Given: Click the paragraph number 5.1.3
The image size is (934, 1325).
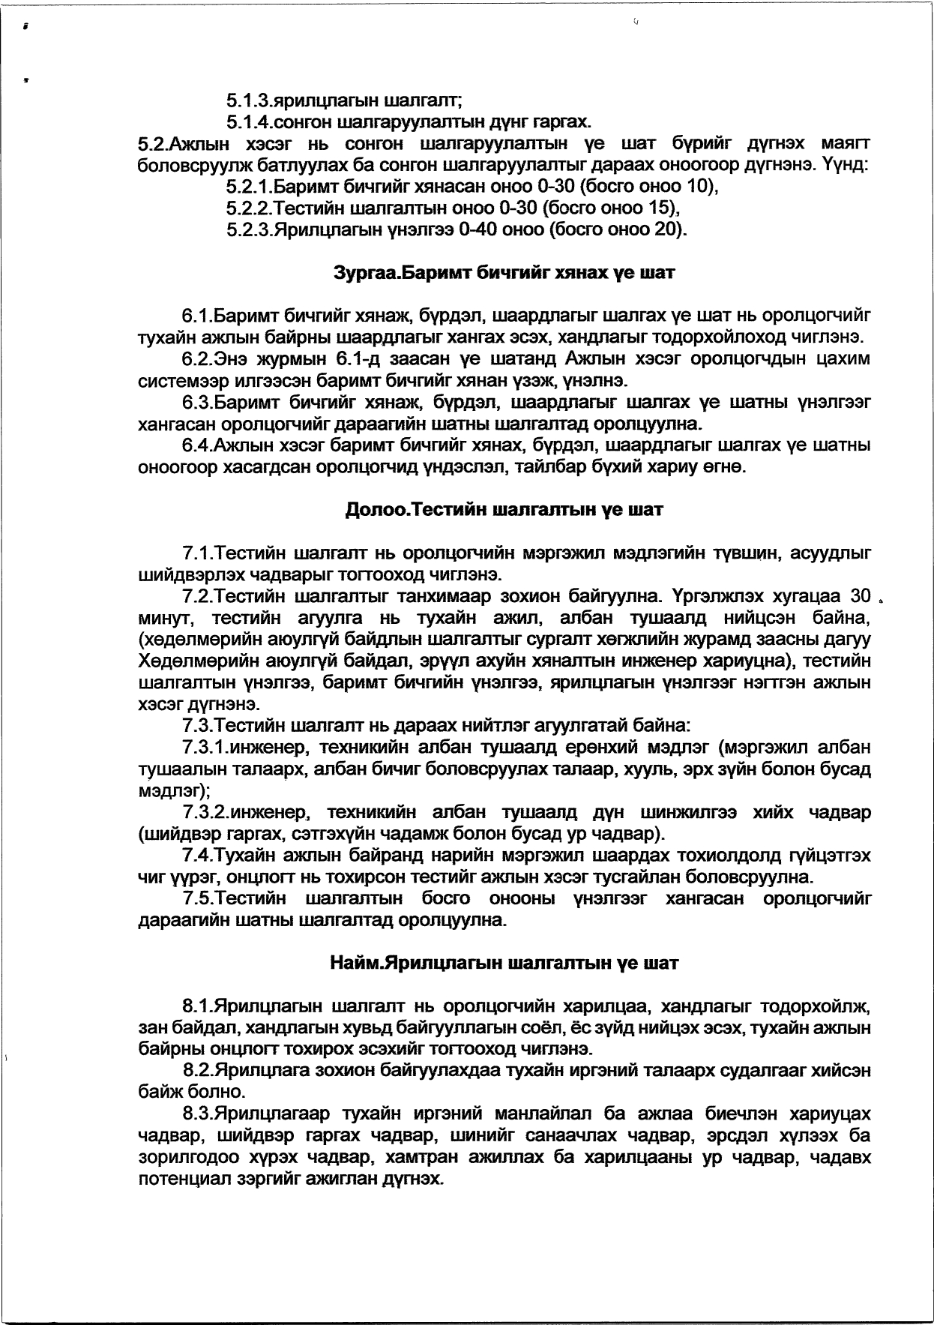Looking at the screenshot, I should click(x=248, y=100).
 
